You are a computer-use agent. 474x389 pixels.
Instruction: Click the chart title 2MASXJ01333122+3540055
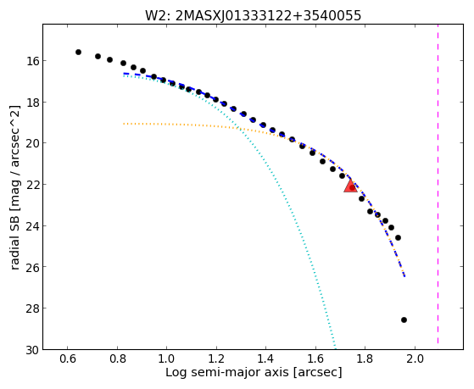pos(268,15)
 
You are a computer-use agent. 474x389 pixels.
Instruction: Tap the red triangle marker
pos(351,186)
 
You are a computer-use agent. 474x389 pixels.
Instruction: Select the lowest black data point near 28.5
pos(404,320)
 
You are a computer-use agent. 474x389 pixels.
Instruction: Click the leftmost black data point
pos(78,52)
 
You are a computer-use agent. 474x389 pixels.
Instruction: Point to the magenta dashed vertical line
pos(438,185)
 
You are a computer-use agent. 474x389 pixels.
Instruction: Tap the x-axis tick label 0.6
pos(68,358)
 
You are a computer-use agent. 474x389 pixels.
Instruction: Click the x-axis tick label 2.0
pos(415,358)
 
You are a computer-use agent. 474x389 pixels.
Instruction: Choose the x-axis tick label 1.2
pos(216,358)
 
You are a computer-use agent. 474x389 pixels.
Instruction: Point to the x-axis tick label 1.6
pos(315,358)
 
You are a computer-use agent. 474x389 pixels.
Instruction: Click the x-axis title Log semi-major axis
pos(227,372)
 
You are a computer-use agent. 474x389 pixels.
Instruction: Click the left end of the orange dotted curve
pos(124,124)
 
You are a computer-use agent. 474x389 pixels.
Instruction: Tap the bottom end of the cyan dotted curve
pos(335,347)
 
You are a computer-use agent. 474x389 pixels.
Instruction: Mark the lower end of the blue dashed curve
pos(404,275)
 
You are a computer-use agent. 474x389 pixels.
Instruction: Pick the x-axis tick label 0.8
pos(117,358)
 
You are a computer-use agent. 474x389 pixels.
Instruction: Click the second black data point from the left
pos(98,56)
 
